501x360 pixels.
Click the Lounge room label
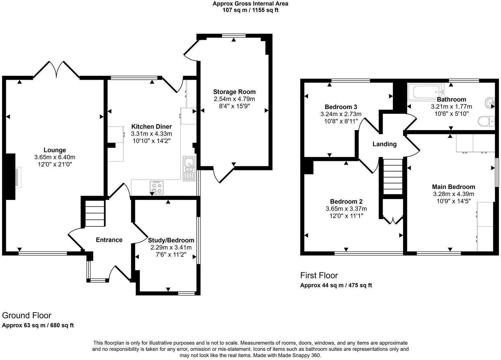tap(55, 150)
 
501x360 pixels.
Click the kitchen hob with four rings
tap(157, 188)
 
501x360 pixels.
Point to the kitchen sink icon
tap(189, 168)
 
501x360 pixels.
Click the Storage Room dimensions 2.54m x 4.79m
tap(234, 99)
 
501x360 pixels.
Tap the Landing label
tap(384, 144)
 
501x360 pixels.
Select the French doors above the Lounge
tap(57, 69)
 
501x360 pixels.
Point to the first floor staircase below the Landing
tap(393, 176)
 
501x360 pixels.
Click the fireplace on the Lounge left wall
tap(17, 177)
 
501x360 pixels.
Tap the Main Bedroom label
tap(453, 187)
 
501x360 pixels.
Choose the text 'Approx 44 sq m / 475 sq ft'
tap(336, 285)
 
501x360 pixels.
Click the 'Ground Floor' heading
tap(27, 315)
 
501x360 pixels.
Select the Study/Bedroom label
tap(171, 240)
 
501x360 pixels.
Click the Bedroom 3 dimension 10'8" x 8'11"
tap(341, 121)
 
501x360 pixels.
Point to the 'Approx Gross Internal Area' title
tap(250, 4)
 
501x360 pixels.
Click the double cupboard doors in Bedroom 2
tap(393, 220)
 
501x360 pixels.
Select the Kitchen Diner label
tap(151, 126)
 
